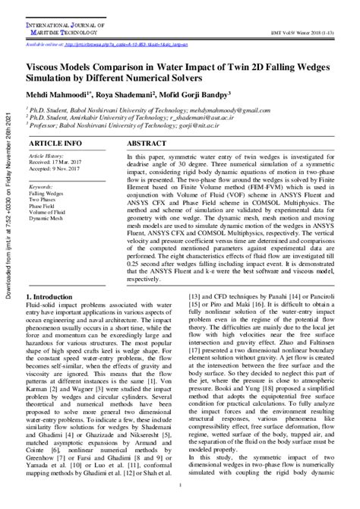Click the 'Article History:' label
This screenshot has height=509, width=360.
(46, 155)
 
